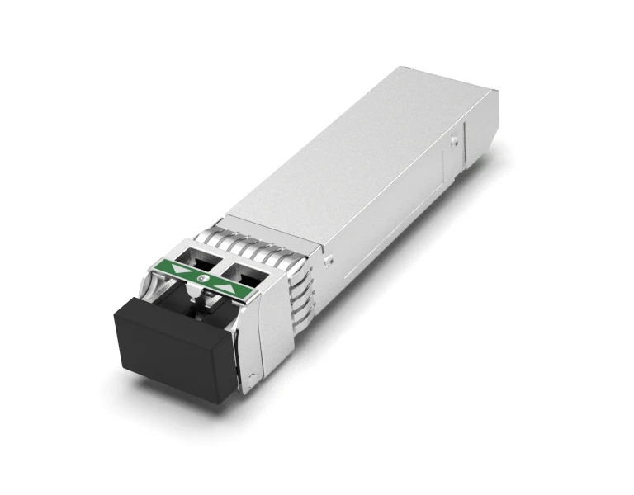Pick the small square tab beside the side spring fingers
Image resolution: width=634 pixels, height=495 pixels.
[329, 261]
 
